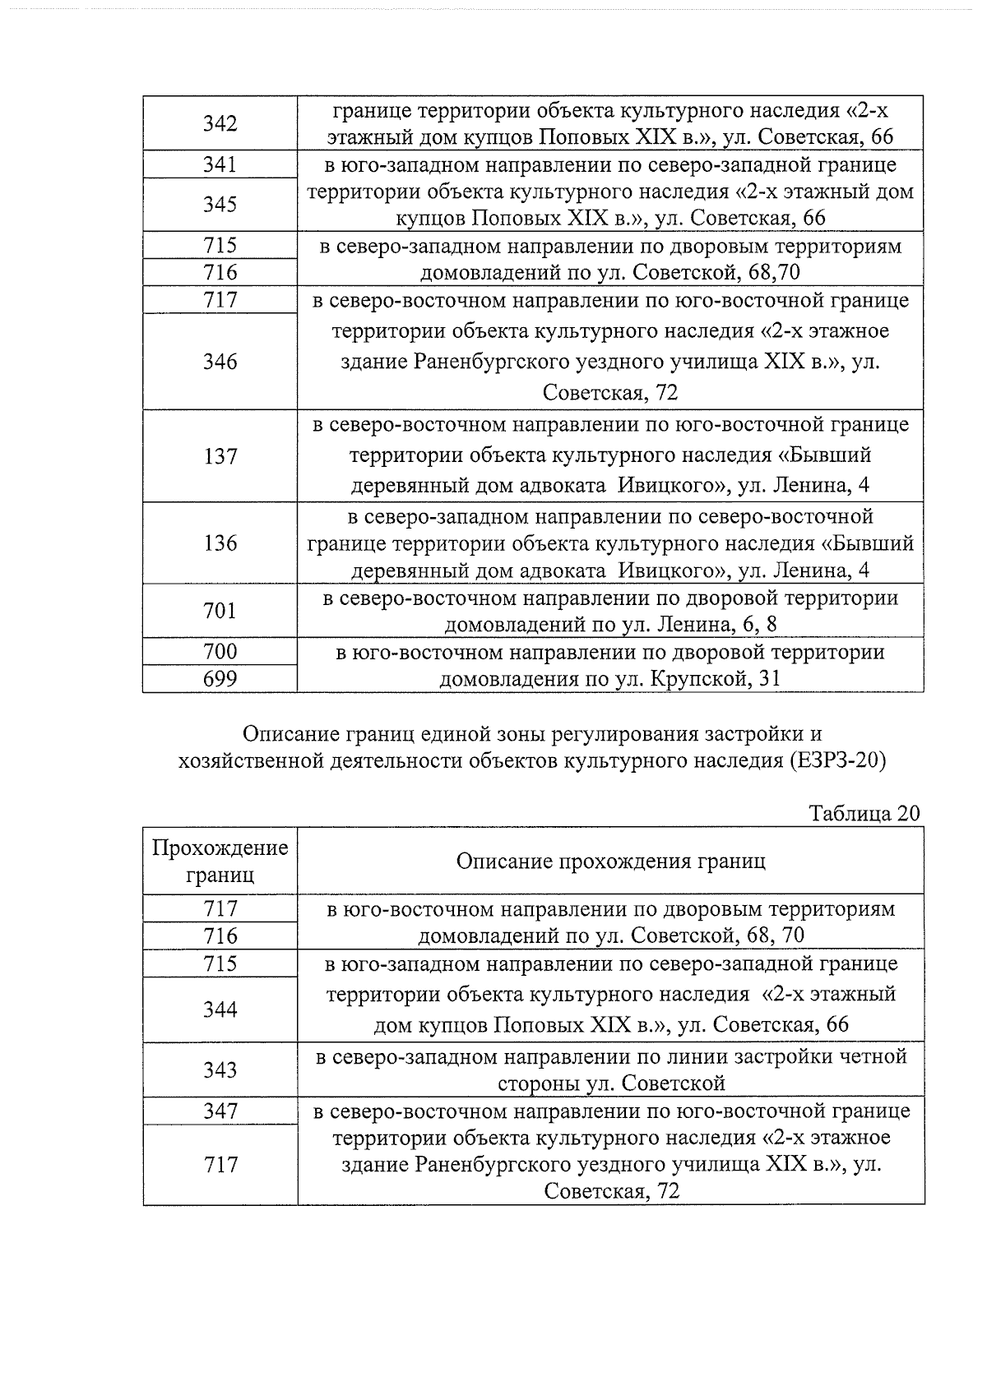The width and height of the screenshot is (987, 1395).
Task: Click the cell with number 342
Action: [220, 123]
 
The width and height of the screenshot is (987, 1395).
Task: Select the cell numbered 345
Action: [220, 204]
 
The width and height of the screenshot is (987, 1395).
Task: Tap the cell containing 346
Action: [220, 362]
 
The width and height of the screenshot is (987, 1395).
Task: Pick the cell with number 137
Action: [220, 456]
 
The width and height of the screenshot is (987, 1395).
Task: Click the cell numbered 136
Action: [220, 543]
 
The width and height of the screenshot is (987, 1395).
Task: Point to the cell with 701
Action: [220, 611]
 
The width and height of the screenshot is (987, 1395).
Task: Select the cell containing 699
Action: [220, 679]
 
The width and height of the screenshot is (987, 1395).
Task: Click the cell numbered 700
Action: [220, 652]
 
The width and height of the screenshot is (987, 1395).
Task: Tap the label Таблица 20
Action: [864, 813]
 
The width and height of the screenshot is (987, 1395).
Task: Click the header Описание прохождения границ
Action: [610, 861]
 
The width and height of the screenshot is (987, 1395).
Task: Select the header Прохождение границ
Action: [220, 861]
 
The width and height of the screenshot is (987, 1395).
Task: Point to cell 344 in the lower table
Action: [220, 1009]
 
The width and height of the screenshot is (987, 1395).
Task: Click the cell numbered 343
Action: [220, 1069]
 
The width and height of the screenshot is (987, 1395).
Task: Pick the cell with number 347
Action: [220, 1111]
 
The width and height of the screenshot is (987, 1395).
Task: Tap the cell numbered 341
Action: [220, 164]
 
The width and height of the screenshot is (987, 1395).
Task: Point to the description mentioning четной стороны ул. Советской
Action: [611, 1069]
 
